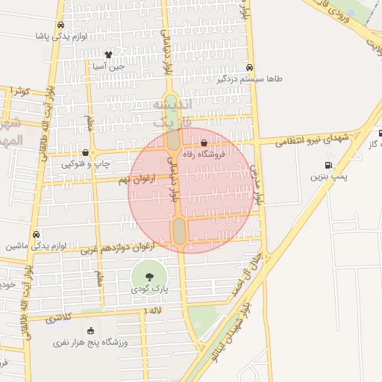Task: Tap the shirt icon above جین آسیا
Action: coord(109,54)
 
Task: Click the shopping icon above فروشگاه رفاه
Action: coord(204,143)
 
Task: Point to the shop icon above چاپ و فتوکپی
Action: coord(85,152)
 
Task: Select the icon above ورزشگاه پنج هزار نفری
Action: coord(91,331)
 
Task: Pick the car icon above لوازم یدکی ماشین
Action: coord(37,234)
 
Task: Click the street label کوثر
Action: coord(19,90)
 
